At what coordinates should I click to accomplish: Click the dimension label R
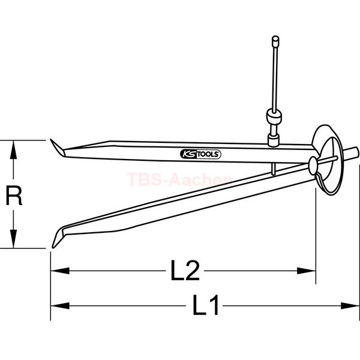tap(14, 196)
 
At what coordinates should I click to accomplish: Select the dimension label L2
tap(185, 271)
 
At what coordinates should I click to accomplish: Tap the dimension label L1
tap(205, 305)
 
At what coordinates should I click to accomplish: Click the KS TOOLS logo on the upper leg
tap(200, 154)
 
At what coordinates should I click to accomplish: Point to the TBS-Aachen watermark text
tap(179, 179)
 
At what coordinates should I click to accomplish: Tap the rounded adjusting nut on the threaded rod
tap(274, 117)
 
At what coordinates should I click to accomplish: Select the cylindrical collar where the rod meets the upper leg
tap(274, 140)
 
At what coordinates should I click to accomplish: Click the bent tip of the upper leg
tap(57, 148)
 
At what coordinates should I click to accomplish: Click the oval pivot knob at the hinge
tap(313, 166)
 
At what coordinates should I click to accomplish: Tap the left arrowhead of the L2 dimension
tap(59, 271)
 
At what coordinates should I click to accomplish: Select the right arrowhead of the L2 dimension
tap(307, 271)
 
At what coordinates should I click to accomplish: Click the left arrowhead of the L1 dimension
tap(59, 305)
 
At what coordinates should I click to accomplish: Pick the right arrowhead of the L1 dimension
tap(350, 305)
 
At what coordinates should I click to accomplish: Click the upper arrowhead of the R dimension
tap(14, 149)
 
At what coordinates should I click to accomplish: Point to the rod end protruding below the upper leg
tap(273, 169)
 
